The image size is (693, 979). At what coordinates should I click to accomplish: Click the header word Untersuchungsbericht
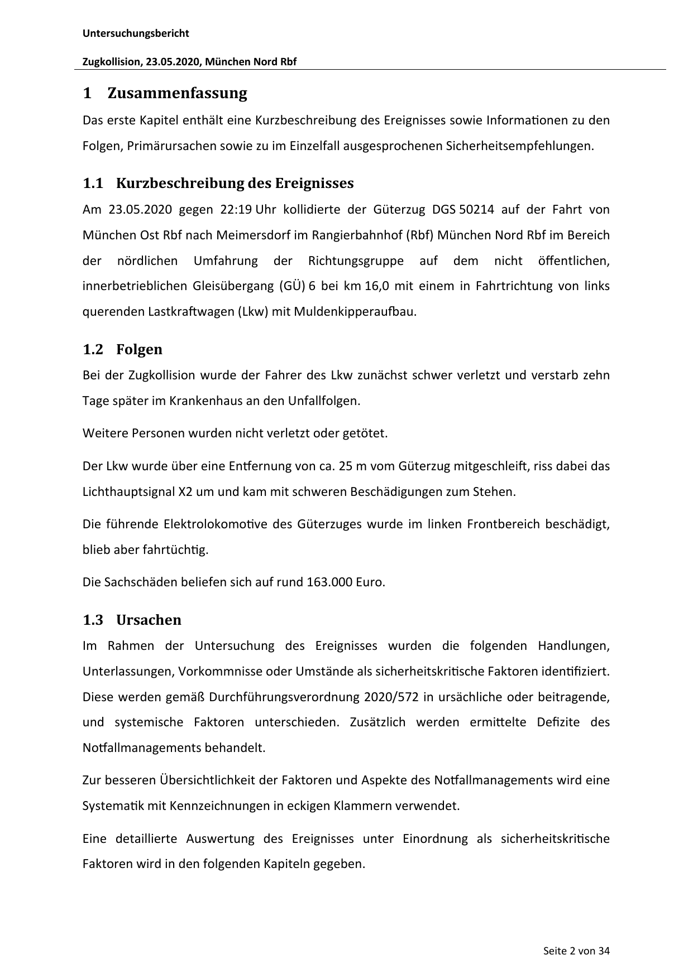(136, 33)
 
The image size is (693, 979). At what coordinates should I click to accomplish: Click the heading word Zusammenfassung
(177, 93)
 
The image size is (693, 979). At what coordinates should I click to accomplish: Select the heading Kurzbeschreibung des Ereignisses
(235, 184)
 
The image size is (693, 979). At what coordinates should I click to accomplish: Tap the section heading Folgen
(139, 350)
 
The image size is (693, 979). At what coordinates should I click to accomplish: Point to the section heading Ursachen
(149, 620)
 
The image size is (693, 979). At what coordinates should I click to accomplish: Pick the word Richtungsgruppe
(356, 261)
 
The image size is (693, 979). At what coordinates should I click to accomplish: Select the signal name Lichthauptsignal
(128, 492)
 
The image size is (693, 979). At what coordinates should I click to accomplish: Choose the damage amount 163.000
(329, 582)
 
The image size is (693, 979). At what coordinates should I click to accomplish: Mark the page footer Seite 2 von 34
(576, 951)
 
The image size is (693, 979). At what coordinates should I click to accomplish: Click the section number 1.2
(93, 350)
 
